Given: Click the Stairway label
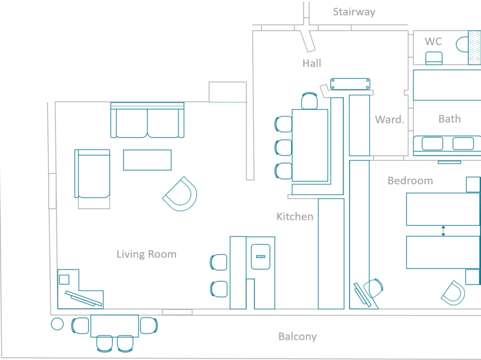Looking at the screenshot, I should coord(354,12).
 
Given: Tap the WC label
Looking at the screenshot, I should coord(433,41).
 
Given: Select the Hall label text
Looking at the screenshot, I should coord(312,63).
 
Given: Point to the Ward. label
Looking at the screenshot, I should coord(389,120).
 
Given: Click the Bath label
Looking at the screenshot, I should coord(449,119).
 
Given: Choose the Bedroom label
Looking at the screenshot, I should coord(410,181).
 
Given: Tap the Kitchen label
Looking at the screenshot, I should coord(294,216).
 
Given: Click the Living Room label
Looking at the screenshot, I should coord(146,254).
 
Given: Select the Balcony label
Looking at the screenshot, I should coord(297,336).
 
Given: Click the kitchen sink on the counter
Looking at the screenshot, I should coord(260,256).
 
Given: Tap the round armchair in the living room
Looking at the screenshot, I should coord(181,193).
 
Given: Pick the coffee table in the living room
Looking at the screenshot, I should coord(147,160).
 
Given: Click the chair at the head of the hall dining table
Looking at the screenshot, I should coord(309,101).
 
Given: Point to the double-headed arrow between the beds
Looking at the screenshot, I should coord(443,231).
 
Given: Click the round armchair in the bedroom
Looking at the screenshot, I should coord(453,293).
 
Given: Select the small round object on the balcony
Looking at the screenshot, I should coord(57,323).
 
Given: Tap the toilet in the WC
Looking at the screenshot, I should coord(462,43).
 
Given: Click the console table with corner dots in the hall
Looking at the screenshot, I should coord(351,83).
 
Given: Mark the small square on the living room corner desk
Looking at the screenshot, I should coord(64,279).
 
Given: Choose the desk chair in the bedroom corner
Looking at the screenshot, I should coord(373,288).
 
